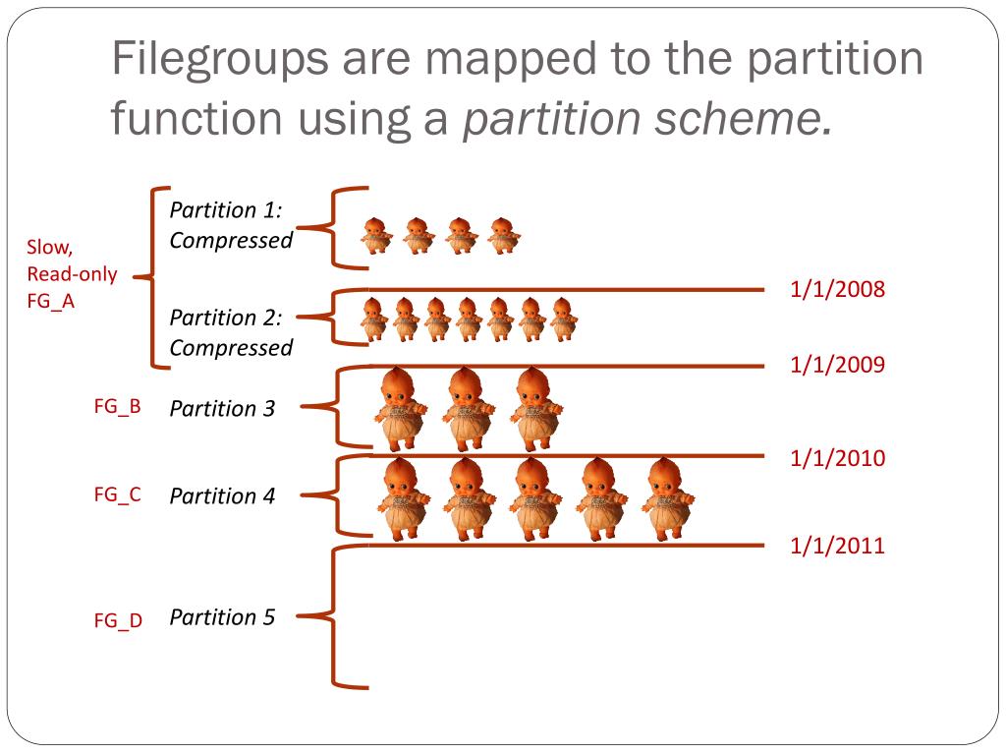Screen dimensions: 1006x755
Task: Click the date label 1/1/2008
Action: [x=838, y=289]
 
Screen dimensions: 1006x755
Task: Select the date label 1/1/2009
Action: [x=838, y=366]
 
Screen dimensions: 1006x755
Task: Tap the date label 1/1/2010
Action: [x=838, y=458]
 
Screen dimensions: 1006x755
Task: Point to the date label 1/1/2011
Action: [x=838, y=547]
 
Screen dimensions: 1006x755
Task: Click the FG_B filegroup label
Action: [x=118, y=406]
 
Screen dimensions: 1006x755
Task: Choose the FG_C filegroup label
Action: [x=118, y=494]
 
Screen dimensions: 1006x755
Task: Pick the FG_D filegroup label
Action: [x=118, y=620]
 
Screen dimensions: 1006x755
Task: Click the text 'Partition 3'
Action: [x=222, y=408]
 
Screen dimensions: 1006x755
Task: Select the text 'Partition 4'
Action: [x=222, y=496]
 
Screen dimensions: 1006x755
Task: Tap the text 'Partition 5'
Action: [x=222, y=617]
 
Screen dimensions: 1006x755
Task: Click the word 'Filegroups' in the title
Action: [x=219, y=61]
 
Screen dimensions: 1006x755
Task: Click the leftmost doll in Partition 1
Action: [x=374, y=236]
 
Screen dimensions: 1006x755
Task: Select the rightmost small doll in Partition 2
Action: [x=563, y=319]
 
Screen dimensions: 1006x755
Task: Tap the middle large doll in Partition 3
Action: [x=466, y=408]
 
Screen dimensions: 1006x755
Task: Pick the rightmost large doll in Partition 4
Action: [x=668, y=498]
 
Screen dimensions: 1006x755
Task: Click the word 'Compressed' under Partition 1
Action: [x=231, y=241]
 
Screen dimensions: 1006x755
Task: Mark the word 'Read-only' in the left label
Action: [x=72, y=274]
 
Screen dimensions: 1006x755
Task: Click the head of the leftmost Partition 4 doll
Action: [x=399, y=476]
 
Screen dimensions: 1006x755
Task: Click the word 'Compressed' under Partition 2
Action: [x=231, y=348]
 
